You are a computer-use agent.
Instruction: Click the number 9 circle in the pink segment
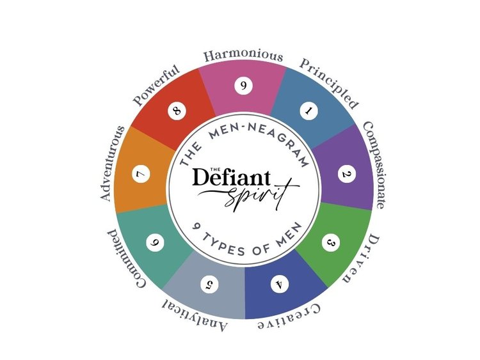pos(244,86)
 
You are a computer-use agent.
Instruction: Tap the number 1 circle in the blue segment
pos(308,111)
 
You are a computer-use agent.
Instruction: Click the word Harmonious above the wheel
pos(243,56)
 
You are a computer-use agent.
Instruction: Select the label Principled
pos(328,84)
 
